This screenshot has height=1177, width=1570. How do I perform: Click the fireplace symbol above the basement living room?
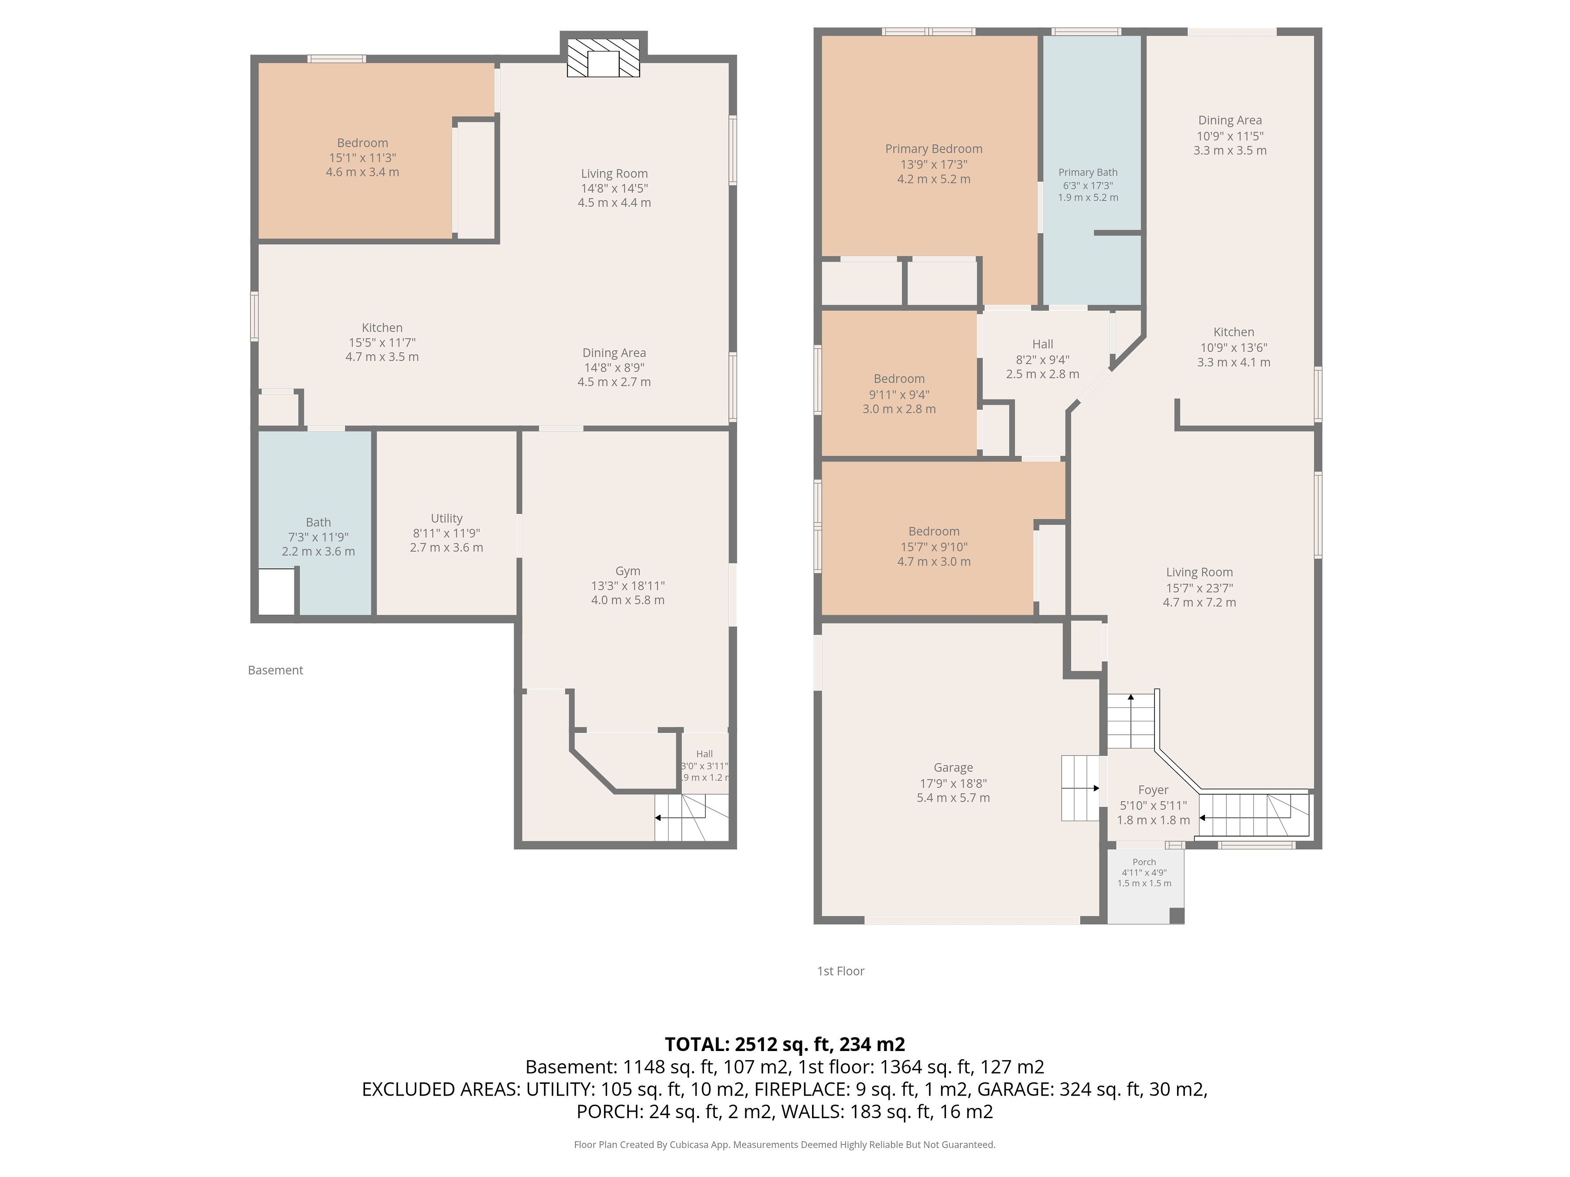click(x=603, y=57)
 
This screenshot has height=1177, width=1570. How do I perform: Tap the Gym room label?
click(x=628, y=571)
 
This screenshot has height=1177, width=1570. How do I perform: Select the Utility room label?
click(x=447, y=519)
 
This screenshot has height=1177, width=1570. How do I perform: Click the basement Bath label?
click(x=318, y=522)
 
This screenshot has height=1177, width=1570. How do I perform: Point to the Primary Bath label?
click(x=1087, y=172)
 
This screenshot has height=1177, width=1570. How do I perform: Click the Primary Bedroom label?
click(x=933, y=149)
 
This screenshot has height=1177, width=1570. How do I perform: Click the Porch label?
click(x=1144, y=862)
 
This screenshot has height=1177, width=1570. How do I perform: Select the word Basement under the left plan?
click(x=275, y=670)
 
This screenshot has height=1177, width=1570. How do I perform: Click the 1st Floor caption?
click(x=840, y=971)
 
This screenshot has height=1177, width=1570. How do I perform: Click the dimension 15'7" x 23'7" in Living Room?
click(x=1199, y=588)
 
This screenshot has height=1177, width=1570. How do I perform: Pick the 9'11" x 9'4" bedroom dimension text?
click(x=898, y=395)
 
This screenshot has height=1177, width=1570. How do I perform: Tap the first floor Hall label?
click(x=1043, y=344)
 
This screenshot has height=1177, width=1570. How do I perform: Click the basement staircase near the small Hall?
click(x=692, y=818)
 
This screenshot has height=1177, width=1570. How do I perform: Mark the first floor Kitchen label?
click(x=1234, y=332)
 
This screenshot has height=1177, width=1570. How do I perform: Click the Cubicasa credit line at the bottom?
click(x=784, y=1144)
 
